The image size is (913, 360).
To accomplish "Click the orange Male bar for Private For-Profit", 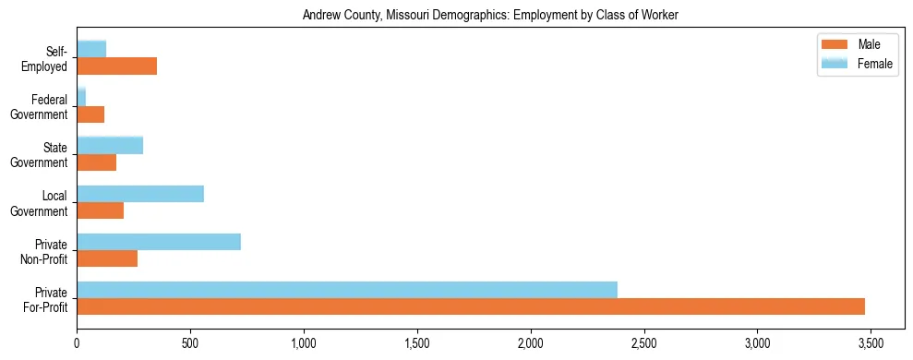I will point(471,306).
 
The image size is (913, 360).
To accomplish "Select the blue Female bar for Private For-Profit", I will point(347,290).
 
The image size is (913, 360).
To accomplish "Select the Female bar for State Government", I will point(110,146).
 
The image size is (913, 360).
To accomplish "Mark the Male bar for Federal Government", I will point(90,114).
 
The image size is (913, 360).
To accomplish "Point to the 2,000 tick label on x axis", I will point(530,343).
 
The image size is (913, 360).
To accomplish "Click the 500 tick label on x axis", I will point(190,343).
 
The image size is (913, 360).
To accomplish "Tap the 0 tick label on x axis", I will point(77,343).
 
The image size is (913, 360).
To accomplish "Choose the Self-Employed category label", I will point(50,59).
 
